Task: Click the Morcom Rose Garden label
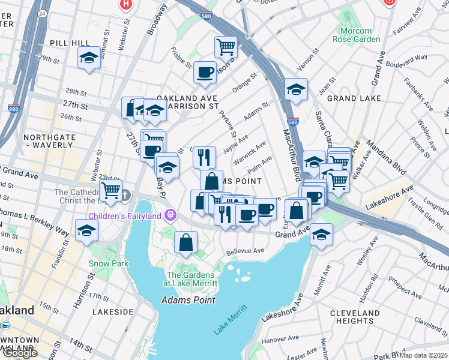point(352,35)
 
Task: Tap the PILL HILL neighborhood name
point(71,43)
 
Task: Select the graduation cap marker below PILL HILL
point(89,59)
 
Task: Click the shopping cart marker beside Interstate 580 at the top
point(226,47)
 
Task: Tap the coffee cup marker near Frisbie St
point(205,73)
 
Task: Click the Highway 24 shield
point(41,13)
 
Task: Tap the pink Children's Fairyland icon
point(171,215)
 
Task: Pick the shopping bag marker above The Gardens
point(186,242)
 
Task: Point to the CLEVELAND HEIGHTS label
point(354,317)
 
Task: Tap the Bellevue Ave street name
point(246,251)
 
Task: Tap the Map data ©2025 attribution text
point(423,355)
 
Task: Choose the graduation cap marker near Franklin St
point(87,230)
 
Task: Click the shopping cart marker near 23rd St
point(110,191)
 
